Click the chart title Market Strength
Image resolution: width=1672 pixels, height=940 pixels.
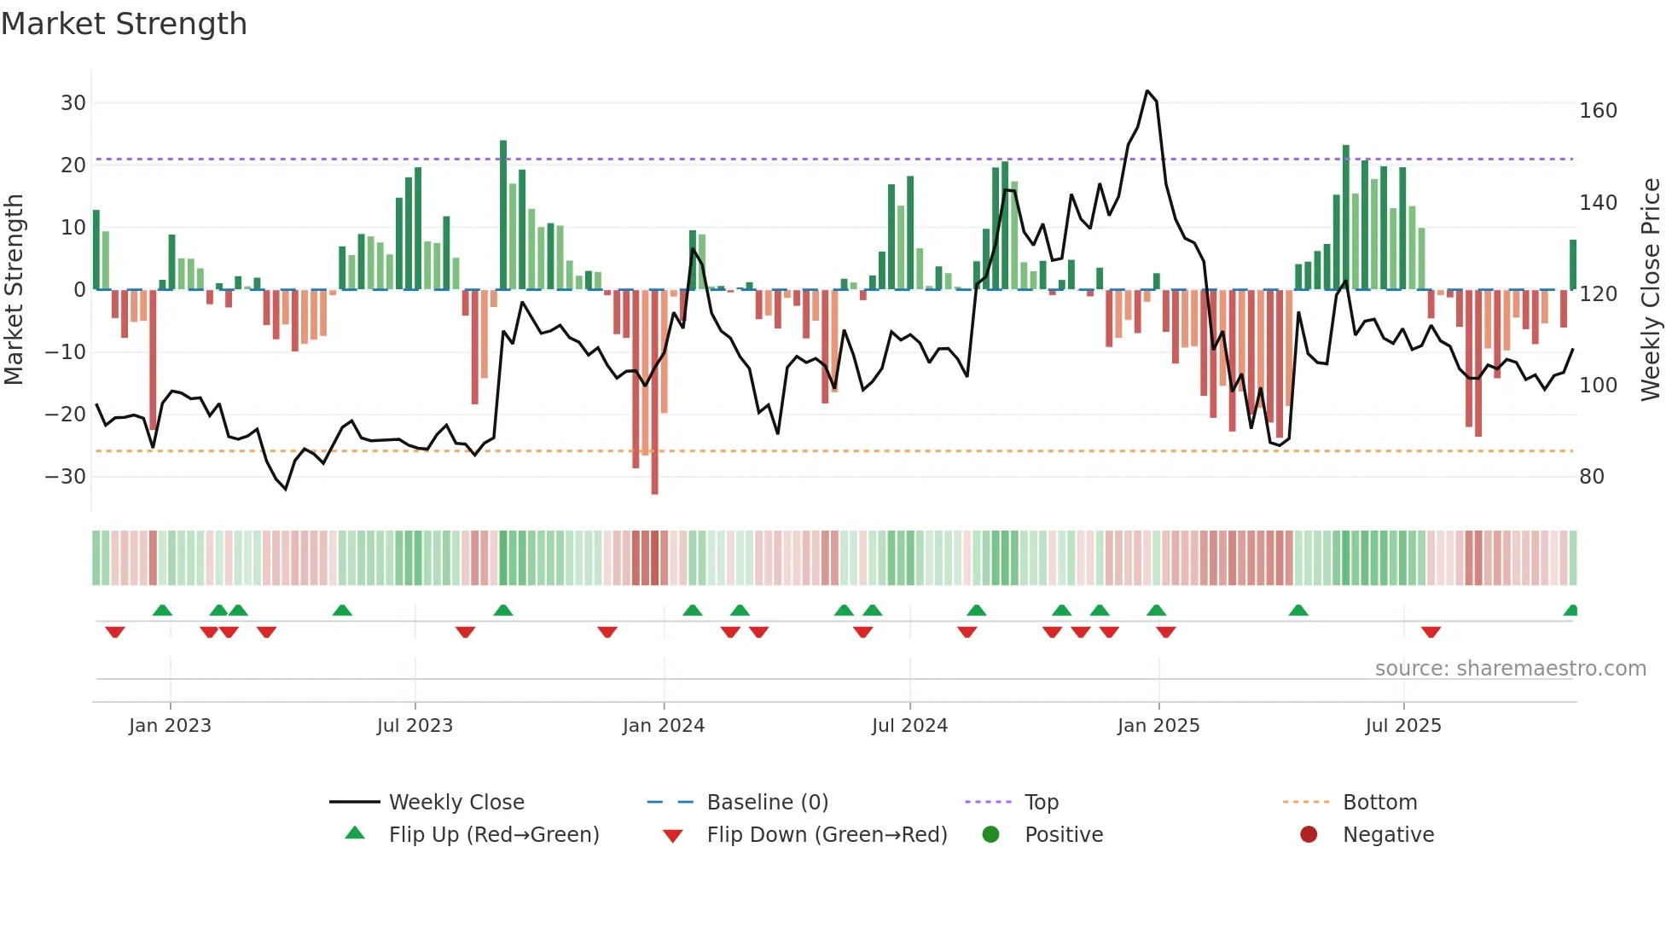click(124, 24)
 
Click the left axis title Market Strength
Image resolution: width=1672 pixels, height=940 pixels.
click(14, 290)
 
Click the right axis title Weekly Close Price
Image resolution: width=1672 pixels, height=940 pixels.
click(1651, 290)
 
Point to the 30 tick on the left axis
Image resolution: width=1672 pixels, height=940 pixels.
click(73, 103)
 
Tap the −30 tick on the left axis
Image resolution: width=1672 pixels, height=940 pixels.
click(66, 477)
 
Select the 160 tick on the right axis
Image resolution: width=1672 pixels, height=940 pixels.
click(1598, 111)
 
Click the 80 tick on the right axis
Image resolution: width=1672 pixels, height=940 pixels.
click(1592, 477)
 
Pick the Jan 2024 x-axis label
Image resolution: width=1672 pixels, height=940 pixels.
click(664, 726)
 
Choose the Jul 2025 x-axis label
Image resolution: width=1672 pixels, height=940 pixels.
click(1403, 726)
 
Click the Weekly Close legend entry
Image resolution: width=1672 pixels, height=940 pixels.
click(456, 803)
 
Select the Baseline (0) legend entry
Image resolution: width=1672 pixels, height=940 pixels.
click(767, 803)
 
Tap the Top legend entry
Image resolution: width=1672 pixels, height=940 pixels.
click(1041, 803)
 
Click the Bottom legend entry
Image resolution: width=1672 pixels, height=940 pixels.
click(1379, 803)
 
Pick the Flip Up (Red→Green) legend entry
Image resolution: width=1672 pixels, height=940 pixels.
click(494, 835)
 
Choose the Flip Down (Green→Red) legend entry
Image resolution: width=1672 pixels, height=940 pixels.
click(827, 835)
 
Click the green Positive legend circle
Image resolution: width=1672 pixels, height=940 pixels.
click(990, 834)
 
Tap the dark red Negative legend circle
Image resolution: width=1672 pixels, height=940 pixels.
click(1309, 834)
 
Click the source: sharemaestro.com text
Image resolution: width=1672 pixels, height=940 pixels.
click(1510, 669)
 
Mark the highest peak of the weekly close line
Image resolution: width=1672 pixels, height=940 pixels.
click(1147, 91)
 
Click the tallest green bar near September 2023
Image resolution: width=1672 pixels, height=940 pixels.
click(503, 213)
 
